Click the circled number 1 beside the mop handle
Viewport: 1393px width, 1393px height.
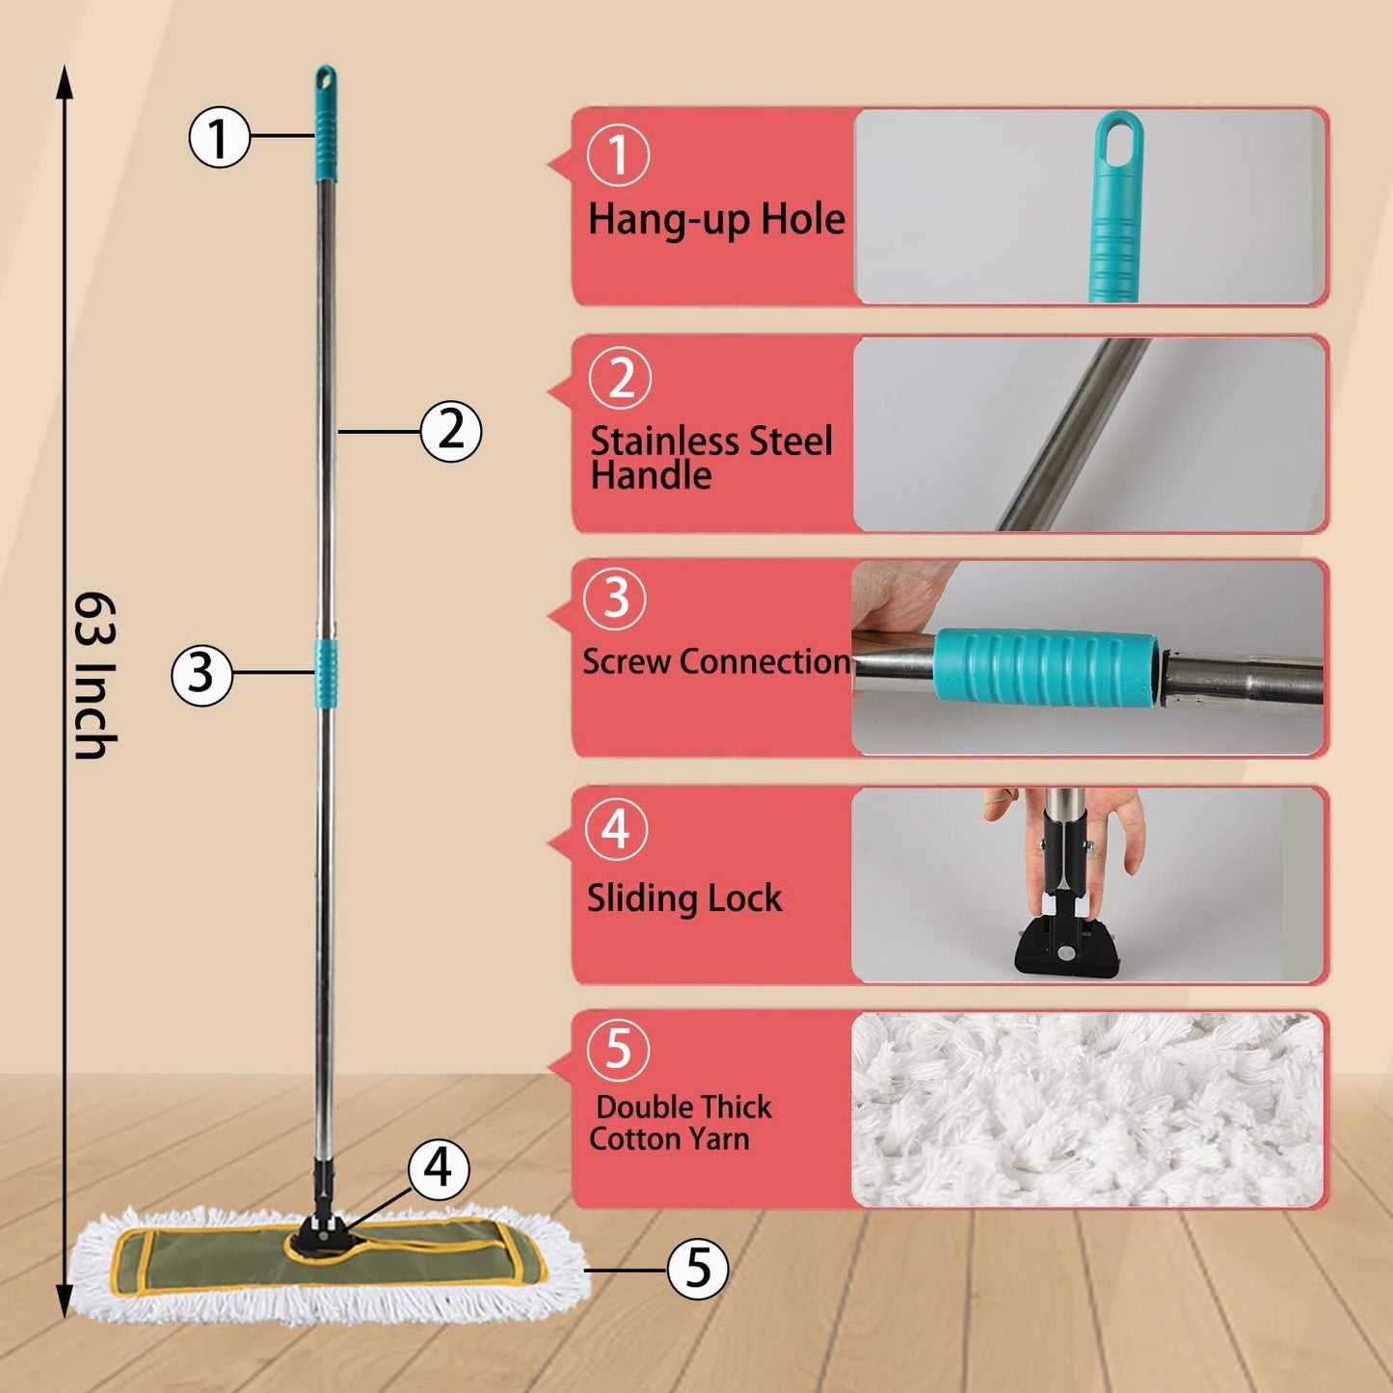[219, 137]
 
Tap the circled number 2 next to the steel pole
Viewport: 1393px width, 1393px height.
[450, 430]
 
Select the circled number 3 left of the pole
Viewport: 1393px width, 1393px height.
[201, 674]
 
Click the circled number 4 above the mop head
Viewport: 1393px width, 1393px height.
[439, 1168]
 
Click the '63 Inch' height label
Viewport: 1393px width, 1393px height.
[95, 676]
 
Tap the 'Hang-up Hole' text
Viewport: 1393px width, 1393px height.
[716, 220]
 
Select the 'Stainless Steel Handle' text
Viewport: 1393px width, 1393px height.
[711, 458]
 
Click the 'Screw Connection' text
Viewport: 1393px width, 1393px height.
[716, 662]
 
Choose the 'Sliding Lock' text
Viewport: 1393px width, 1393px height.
[684, 898]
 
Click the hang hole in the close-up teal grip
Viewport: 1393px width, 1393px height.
[1119, 137]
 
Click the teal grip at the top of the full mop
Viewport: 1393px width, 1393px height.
[326, 125]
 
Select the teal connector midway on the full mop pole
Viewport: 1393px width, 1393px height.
[326, 672]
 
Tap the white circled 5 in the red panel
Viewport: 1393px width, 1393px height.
[618, 1049]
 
